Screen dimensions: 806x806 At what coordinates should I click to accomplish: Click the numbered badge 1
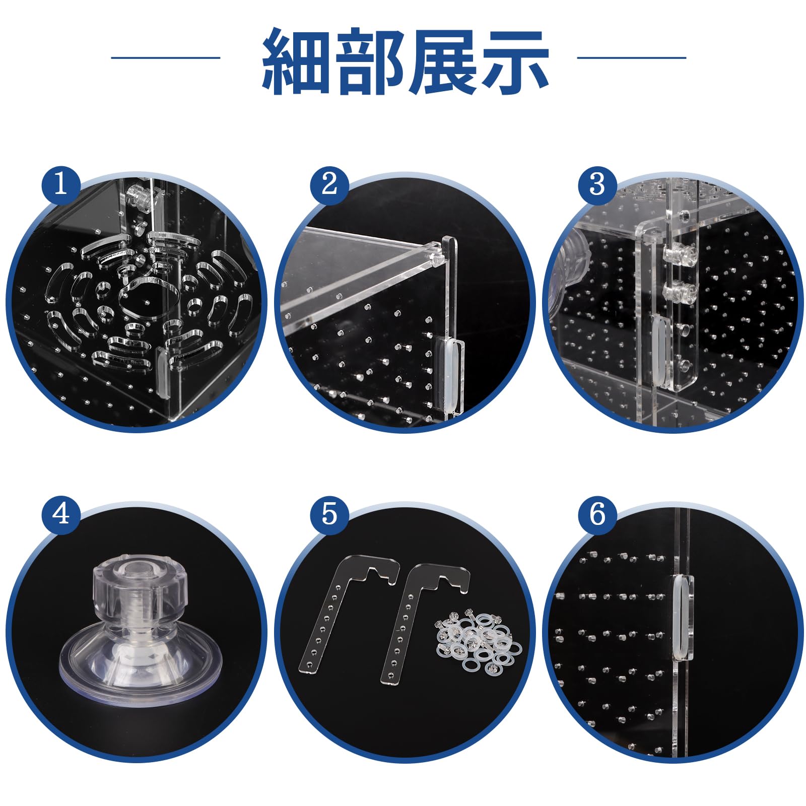[x=60, y=183]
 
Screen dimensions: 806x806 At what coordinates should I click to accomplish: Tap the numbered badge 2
[x=329, y=183]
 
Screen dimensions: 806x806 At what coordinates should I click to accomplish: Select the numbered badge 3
[x=597, y=183]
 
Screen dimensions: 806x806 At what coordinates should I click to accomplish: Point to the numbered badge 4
[x=60, y=514]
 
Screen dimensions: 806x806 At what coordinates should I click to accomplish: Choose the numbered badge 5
[x=329, y=514]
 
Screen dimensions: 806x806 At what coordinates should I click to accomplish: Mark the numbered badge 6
[x=597, y=514]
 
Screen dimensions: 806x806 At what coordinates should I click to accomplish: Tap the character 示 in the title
[x=514, y=61]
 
